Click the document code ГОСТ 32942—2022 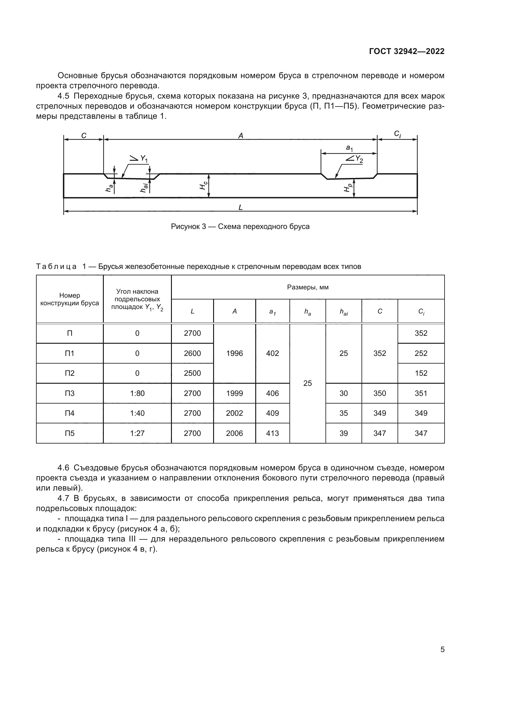pyautogui.click(x=406, y=51)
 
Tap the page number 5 pyautogui.click(x=442, y=649)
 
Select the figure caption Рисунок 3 pyautogui.click(x=240, y=227)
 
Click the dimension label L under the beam pyautogui.click(x=240, y=207)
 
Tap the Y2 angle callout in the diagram pyautogui.click(x=354, y=159)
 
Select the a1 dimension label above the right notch pyautogui.click(x=349, y=148)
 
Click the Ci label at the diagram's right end pyautogui.click(x=397, y=134)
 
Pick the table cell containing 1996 pyautogui.click(x=234, y=353)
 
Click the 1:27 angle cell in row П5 pyautogui.click(x=137, y=433)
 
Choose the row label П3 pyautogui.click(x=70, y=393)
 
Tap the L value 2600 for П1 pyautogui.click(x=192, y=353)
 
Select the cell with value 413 pyautogui.click(x=272, y=433)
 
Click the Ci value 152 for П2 pyautogui.click(x=421, y=373)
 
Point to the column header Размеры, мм pyautogui.click(x=307, y=287)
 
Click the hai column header pyautogui.click(x=343, y=312)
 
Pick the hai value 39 pyautogui.click(x=343, y=433)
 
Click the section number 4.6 pyautogui.click(x=64, y=468)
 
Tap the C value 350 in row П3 pyautogui.click(x=380, y=393)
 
